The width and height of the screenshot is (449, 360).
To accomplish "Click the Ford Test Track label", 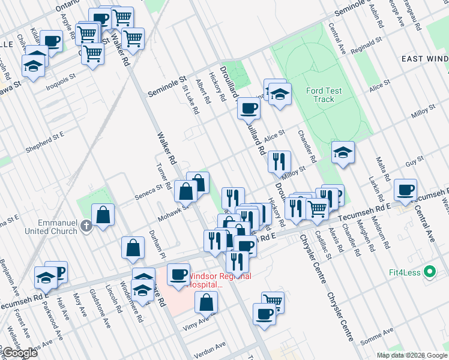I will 324,95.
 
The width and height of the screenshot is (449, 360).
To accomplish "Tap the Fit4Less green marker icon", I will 429,272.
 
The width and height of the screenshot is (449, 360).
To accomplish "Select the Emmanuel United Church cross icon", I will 86,226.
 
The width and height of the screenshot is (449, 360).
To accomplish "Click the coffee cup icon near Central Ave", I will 405,190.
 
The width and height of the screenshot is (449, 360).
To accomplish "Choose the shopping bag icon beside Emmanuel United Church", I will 103,215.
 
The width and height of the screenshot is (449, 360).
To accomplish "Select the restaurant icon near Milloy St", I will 279,161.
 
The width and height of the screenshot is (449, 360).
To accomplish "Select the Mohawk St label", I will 169,212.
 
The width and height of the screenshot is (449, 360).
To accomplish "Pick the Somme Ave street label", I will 376,336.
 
